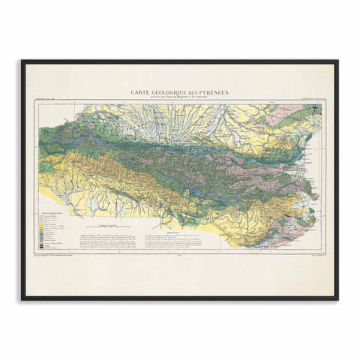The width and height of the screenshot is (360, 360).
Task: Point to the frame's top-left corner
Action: coord(22,61)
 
